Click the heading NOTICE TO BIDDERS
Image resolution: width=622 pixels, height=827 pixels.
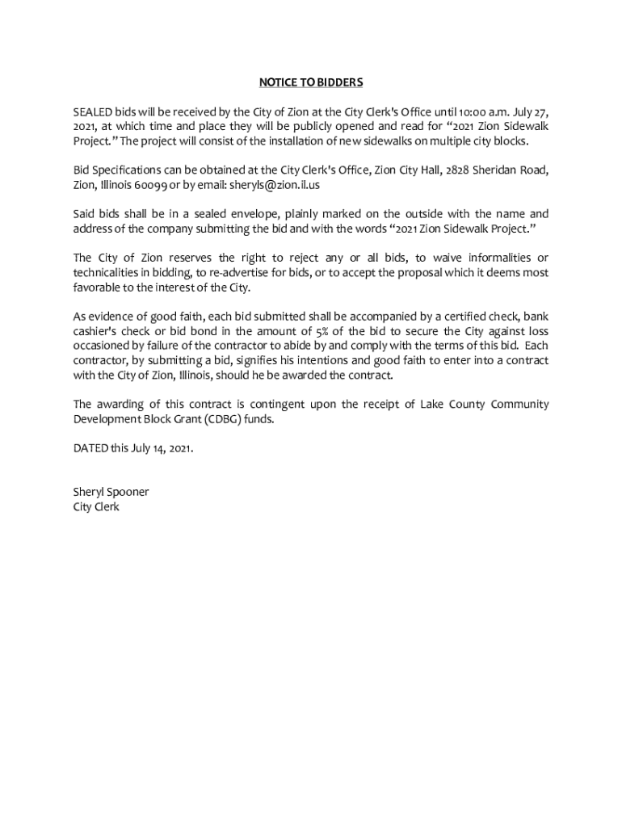tap(311, 82)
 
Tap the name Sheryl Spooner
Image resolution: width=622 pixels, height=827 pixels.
tap(111, 492)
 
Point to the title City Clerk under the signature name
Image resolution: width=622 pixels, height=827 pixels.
tap(96, 506)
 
